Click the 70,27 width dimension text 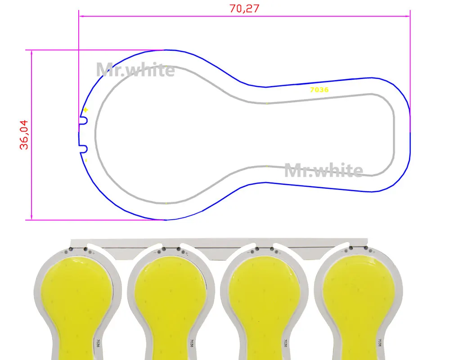click(x=244, y=9)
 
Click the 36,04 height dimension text click(x=24, y=135)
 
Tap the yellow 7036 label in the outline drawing click(x=319, y=90)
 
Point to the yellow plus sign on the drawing click(x=85, y=110)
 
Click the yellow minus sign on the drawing click(x=86, y=161)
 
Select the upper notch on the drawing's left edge click(x=83, y=120)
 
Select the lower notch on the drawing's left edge click(x=83, y=148)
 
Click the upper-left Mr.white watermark click(x=135, y=70)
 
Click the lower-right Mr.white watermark click(x=324, y=170)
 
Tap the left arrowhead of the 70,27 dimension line click(x=81, y=16)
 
